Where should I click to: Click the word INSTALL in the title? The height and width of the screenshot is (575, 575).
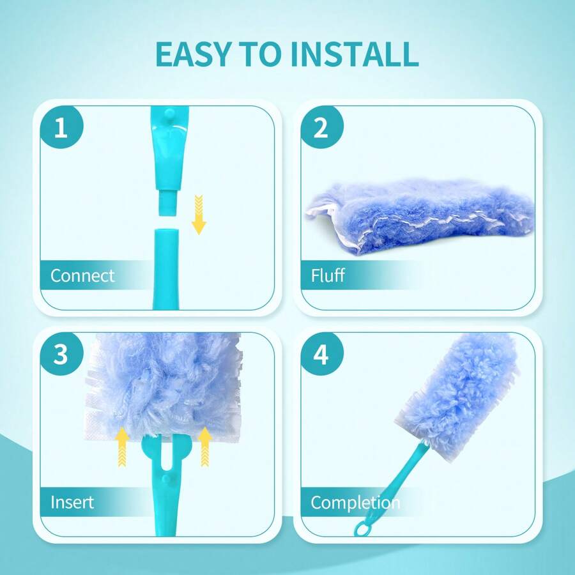point(355,54)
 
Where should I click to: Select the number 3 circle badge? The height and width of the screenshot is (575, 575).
point(61,355)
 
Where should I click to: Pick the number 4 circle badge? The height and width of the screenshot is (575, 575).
point(321,355)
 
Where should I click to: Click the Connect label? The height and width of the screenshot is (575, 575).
point(82,276)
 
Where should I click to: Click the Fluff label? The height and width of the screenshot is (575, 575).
point(328,276)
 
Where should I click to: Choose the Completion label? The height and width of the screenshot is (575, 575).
point(355,502)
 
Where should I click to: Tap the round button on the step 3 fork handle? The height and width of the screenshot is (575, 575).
point(165,478)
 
